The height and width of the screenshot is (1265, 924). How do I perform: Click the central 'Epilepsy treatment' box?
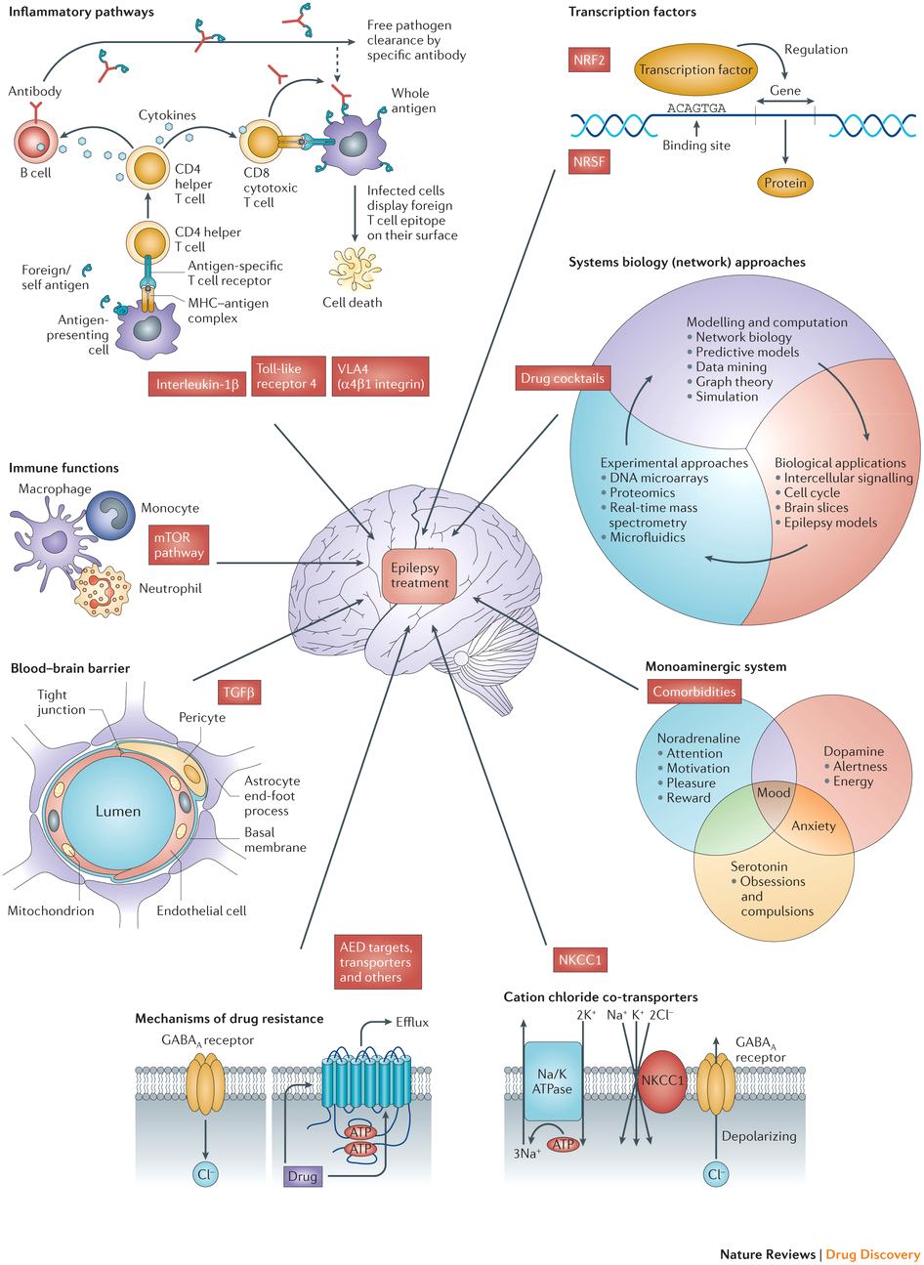pyautogui.click(x=420, y=575)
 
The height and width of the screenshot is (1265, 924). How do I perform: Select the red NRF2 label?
pyautogui.click(x=589, y=60)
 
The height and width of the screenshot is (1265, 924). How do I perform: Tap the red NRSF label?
pyautogui.click(x=589, y=161)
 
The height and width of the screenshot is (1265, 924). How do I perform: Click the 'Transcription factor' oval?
pyautogui.click(x=695, y=69)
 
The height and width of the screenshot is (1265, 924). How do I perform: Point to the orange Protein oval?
pyautogui.click(x=785, y=183)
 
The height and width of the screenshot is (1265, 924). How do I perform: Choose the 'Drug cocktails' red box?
pyautogui.click(x=562, y=377)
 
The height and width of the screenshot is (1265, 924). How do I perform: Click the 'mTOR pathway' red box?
pyautogui.click(x=179, y=545)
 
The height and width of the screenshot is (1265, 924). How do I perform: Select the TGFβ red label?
pyautogui.click(x=238, y=693)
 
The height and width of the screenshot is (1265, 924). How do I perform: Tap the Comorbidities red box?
pyautogui.click(x=693, y=691)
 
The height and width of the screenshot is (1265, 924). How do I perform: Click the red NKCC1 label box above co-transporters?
pyautogui.click(x=579, y=959)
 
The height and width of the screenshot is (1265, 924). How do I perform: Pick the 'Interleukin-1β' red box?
pyautogui.click(x=197, y=384)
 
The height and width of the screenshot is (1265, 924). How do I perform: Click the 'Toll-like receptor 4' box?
pyautogui.click(x=286, y=376)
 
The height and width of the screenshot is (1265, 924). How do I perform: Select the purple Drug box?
pyautogui.click(x=303, y=1176)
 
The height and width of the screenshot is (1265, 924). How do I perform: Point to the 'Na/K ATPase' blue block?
pyautogui.click(x=554, y=1081)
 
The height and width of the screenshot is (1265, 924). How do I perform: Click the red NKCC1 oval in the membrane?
pyautogui.click(x=662, y=1081)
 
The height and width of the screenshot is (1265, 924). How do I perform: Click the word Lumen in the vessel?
pyautogui.click(x=117, y=811)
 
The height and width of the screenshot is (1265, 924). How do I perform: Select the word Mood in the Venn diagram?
pyautogui.click(x=774, y=793)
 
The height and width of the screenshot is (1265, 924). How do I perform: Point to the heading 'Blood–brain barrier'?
pyautogui.click(x=70, y=668)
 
